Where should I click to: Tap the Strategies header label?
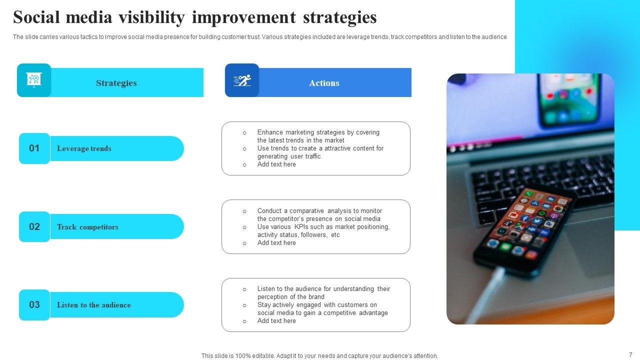(x=116, y=83)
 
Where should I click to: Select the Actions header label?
(x=324, y=83)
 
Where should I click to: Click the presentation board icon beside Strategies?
(x=34, y=80)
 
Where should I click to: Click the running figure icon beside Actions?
(x=242, y=80)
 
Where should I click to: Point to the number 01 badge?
(x=34, y=148)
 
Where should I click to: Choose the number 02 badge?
(x=34, y=226)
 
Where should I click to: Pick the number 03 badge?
(x=34, y=305)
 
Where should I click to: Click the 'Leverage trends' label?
(x=84, y=148)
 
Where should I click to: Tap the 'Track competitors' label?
(x=87, y=227)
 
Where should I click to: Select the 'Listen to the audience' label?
(x=93, y=305)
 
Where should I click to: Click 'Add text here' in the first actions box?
(x=276, y=164)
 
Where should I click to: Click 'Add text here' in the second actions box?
(x=276, y=243)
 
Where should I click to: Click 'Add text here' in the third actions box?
(x=276, y=321)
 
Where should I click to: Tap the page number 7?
(x=630, y=354)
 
